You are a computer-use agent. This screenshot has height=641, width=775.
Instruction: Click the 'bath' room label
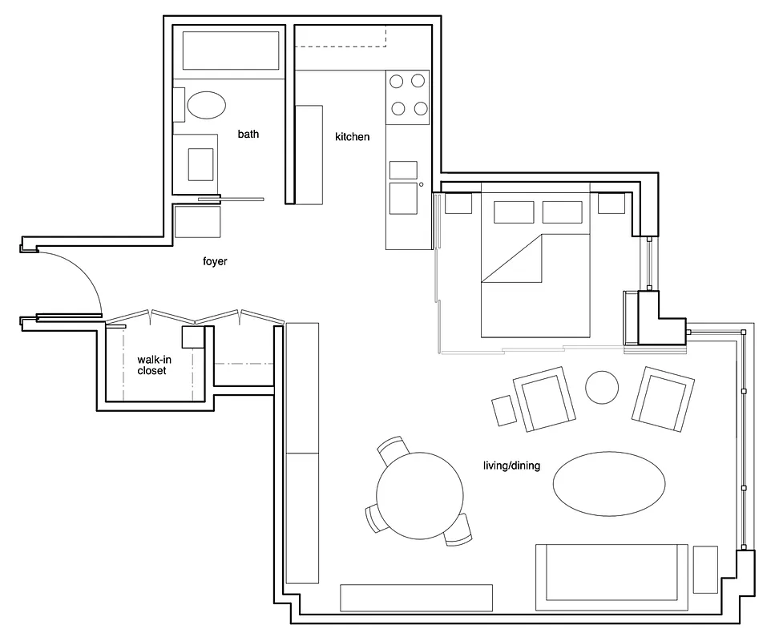pyautogui.click(x=248, y=135)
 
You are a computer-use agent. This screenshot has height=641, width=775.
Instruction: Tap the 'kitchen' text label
pyautogui.click(x=353, y=137)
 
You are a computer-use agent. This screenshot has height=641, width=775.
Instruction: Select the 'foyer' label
pyautogui.click(x=215, y=261)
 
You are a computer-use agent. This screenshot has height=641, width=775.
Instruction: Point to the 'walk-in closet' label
pyautogui.click(x=151, y=365)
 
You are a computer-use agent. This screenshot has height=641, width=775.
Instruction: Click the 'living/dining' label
pyautogui.click(x=511, y=466)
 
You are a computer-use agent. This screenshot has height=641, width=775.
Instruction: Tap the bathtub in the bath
pyautogui.click(x=232, y=51)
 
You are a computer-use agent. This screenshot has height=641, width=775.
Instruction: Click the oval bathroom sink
pyautogui.click(x=207, y=105)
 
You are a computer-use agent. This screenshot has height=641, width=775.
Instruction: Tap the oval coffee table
pyautogui.click(x=609, y=483)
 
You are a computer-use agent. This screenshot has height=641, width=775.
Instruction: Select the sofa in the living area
pyautogui.click(x=612, y=572)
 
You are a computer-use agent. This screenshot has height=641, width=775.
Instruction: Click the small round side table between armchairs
pyautogui.click(x=602, y=388)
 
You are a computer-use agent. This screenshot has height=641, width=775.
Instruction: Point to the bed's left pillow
pyautogui.click(x=514, y=212)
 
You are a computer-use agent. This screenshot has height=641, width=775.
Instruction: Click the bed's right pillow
pyautogui.click(x=562, y=212)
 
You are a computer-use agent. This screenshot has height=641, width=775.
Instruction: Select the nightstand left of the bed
pyautogui.click(x=458, y=204)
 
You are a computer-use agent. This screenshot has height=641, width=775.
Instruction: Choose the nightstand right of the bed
pyautogui.click(x=611, y=204)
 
